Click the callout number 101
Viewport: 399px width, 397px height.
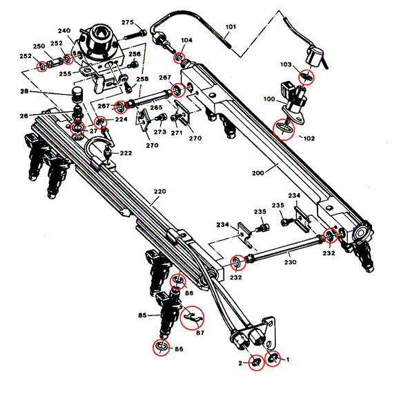pos(231,28)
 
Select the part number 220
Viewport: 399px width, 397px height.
pos(160,191)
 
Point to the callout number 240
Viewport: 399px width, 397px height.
pos(64,31)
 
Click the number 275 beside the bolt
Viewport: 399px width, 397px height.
pos(128,23)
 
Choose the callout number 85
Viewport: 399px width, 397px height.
pos(142,315)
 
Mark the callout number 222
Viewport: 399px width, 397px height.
pos(126,153)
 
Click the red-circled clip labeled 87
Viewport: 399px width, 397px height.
pos(193,316)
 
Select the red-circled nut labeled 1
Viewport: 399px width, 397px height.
pos(273,358)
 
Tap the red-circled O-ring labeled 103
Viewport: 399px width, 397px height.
pos(306,77)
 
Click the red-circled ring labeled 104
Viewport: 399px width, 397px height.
pos(182,57)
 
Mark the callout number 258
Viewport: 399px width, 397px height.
pos(142,80)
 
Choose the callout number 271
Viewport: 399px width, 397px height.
pos(177,132)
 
